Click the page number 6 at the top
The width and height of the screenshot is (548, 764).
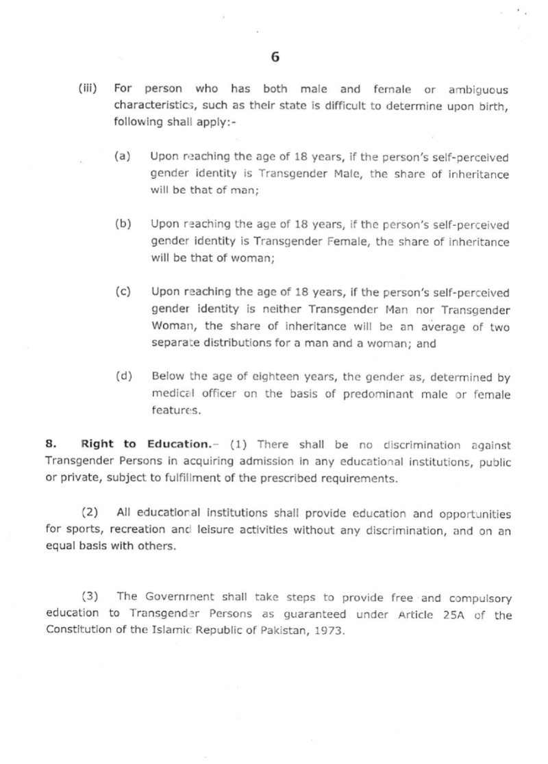[275, 58]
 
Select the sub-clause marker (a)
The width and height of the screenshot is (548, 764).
[123, 157]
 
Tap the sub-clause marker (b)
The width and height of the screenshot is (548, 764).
[123, 224]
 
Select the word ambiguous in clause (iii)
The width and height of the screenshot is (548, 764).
[479, 90]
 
